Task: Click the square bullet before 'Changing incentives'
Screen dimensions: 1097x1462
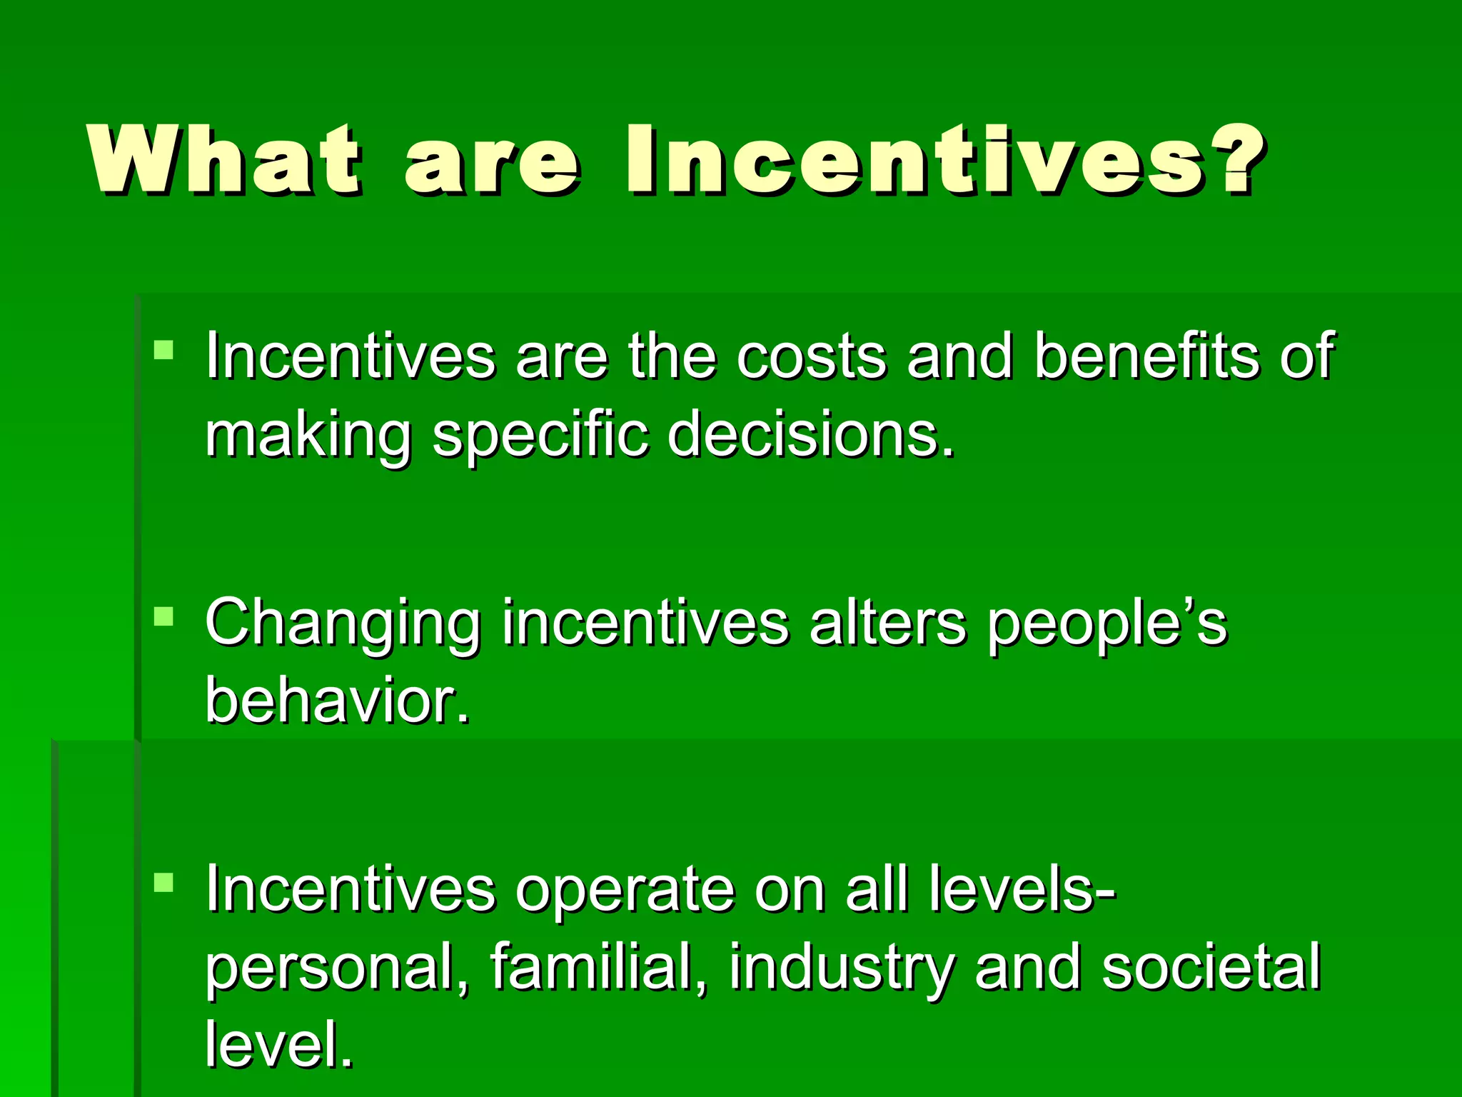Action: coord(163,616)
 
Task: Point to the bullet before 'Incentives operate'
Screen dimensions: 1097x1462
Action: coord(163,883)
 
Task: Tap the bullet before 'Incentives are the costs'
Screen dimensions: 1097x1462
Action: coord(163,350)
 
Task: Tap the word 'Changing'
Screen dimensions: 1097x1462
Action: coord(343,623)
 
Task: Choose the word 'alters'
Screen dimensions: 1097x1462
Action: coord(888,623)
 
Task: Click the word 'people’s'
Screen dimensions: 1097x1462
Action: coord(1107,623)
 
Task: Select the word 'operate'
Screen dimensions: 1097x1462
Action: coord(624,890)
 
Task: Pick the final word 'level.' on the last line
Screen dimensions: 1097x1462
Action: coord(279,1044)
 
